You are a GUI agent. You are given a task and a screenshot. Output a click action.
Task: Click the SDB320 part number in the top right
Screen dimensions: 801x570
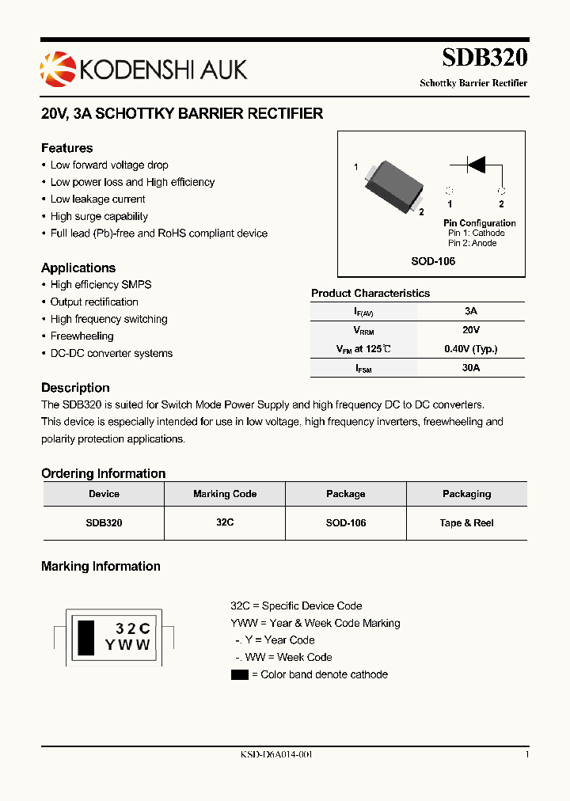(x=484, y=58)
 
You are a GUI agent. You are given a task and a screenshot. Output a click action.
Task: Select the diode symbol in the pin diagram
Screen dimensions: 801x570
(x=475, y=165)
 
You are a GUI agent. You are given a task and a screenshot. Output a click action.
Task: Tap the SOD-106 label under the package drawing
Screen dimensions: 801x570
(x=433, y=261)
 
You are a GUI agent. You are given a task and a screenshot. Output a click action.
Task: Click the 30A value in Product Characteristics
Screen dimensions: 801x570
(x=471, y=367)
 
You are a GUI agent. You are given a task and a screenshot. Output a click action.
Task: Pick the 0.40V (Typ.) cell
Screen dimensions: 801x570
(x=471, y=348)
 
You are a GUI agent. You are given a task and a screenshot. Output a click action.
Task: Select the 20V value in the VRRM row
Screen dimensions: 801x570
(x=471, y=329)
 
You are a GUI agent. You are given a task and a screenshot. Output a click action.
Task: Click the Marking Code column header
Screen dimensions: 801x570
(x=225, y=494)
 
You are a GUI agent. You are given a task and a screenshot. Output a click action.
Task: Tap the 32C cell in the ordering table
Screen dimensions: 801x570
(x=225, y=523)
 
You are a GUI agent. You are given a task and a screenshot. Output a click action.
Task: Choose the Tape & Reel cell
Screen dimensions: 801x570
(x=466, y=523)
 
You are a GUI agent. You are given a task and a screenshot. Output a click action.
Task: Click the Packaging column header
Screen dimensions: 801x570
(x=466, y=494)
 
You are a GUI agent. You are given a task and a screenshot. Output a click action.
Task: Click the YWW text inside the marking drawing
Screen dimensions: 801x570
(x=127, y=645)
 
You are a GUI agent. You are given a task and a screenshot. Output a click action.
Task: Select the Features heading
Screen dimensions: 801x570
(x=67, y=148)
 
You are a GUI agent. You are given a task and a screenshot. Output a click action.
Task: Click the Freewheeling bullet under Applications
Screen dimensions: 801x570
(x=82, y=336)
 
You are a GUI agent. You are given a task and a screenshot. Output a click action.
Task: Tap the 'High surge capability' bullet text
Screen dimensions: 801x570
(x=99, y=216)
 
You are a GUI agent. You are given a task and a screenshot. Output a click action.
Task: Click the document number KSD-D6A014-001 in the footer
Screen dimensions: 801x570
(x=276, y=755)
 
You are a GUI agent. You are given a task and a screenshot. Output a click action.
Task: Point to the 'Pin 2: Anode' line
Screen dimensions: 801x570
(x=473, y=243)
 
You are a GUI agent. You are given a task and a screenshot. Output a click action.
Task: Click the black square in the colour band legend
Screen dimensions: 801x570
(x=239, y=675)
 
